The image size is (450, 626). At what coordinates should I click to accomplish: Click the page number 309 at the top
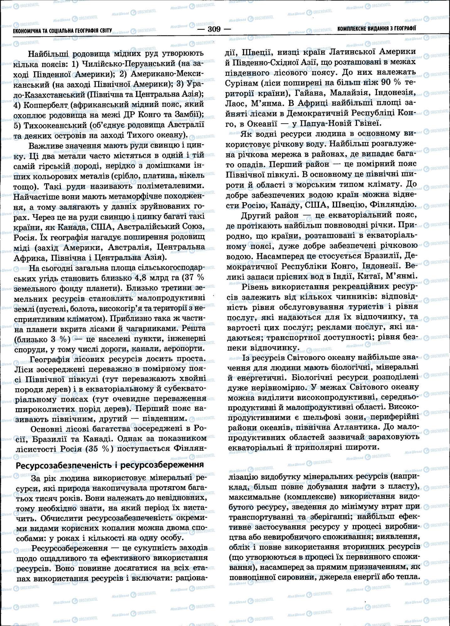click(215, 29)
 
